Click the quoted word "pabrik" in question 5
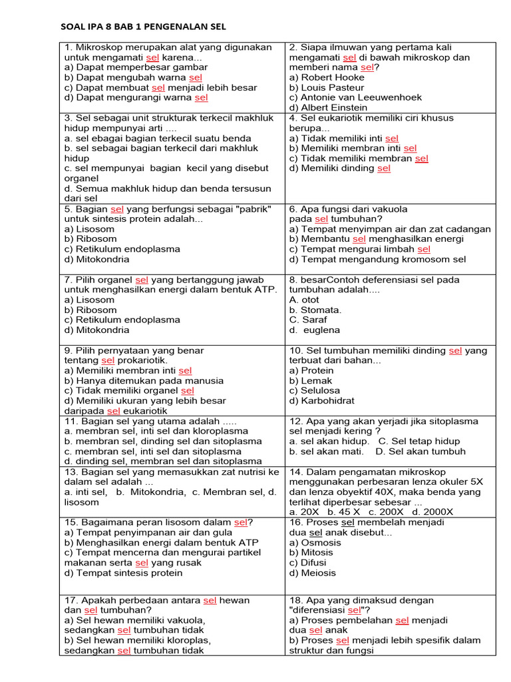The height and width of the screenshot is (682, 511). point(250,209)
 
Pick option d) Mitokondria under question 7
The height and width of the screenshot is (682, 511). point(97,330)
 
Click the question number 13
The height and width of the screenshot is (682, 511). point(71,472)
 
